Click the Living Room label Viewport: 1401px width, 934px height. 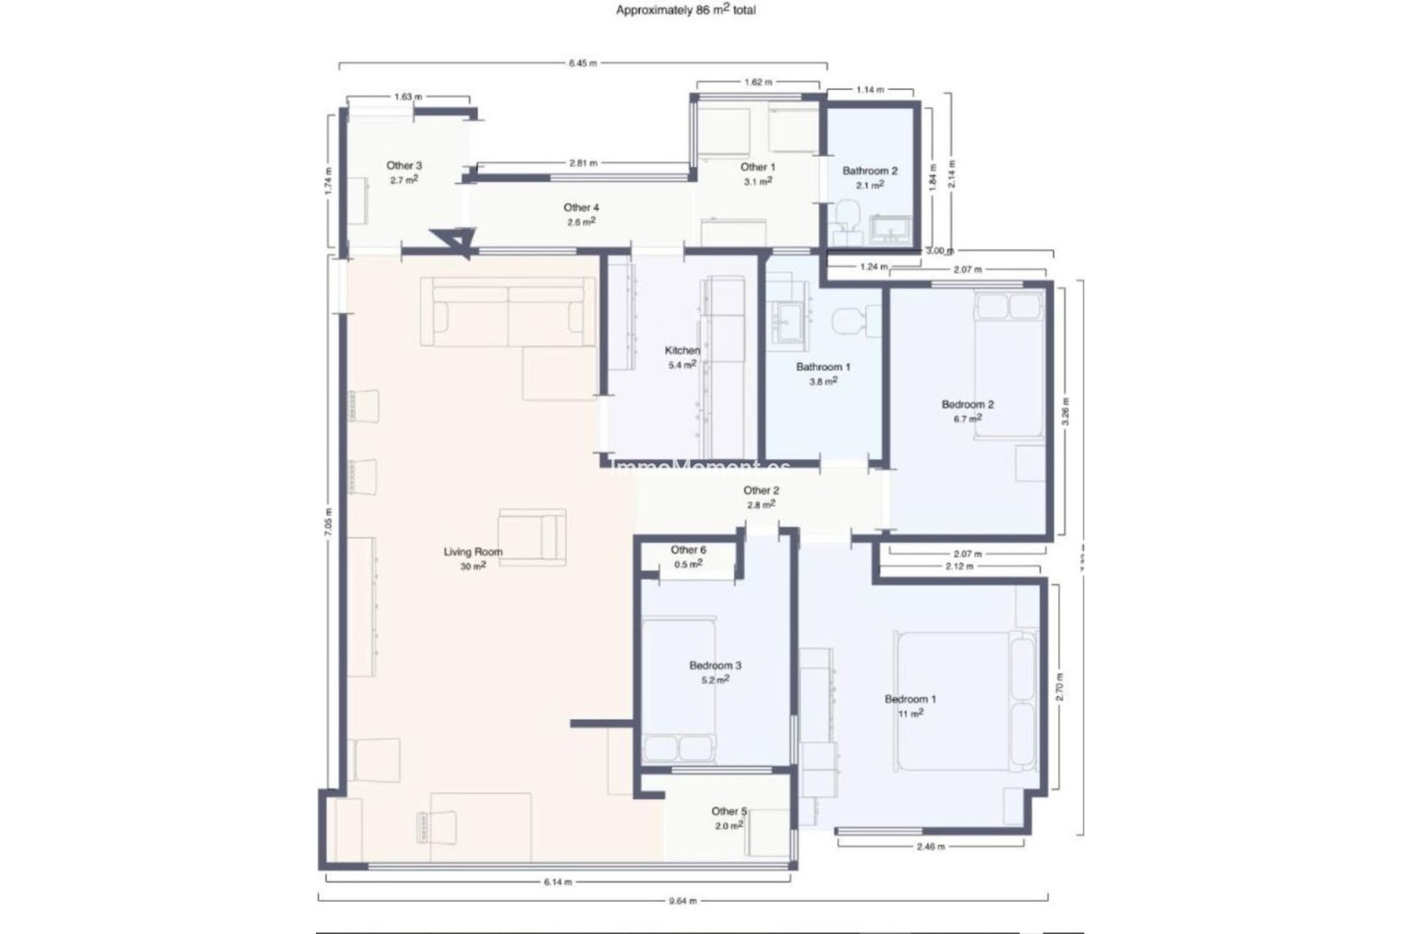473,557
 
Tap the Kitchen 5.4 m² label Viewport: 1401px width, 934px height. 682,358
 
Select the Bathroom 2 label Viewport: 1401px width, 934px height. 870,177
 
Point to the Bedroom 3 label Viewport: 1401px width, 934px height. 715,671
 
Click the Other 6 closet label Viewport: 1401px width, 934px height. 688,556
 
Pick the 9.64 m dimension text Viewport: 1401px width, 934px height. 682,900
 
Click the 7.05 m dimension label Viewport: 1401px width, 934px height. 329,522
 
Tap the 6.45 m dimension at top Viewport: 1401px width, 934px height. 582,63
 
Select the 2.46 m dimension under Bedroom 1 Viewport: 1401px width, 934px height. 930,846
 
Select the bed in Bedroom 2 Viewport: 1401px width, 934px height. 1009,365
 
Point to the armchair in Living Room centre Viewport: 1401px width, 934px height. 533,537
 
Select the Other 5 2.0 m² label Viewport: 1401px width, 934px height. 729,818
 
